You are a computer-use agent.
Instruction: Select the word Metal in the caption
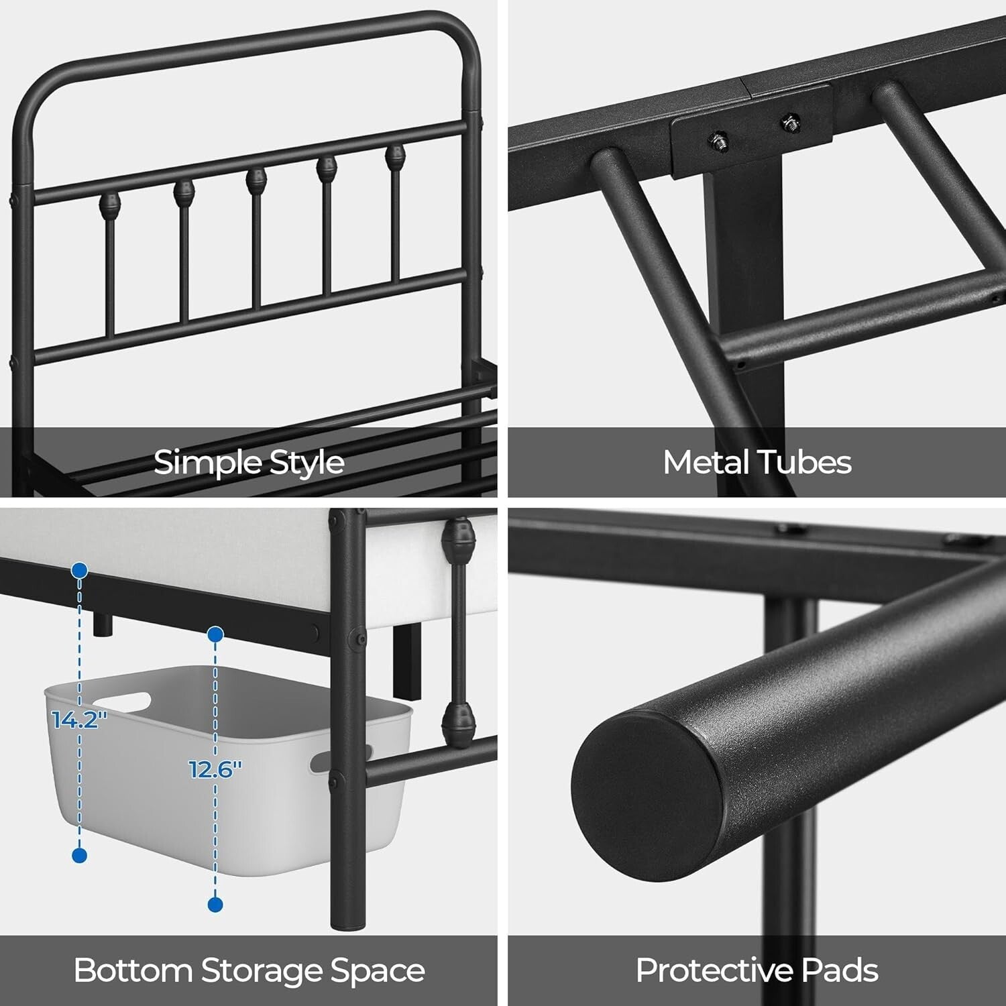[706, 462]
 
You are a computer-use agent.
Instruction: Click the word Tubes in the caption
[805, 462]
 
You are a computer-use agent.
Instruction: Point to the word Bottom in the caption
[133, 970]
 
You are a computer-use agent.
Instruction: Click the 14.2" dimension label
[79, 720]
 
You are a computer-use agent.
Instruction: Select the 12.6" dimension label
[215, 769]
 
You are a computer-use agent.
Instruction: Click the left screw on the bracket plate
[721, 142]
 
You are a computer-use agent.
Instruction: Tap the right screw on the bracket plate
[791, 122]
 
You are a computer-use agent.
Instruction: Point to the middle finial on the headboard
[256, 180]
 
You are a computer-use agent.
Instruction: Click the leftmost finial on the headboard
[109, 202]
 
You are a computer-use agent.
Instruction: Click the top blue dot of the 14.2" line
[79, 571]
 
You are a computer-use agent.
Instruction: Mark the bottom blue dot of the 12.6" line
[215, 905]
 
